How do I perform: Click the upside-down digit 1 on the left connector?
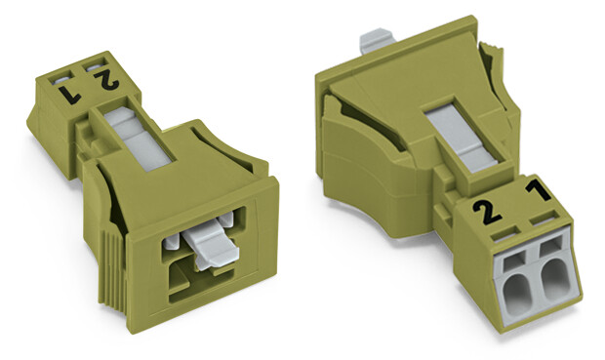70,95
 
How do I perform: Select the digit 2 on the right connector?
486,213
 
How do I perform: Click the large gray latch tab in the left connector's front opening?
211,248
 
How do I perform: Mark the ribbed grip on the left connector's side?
113,270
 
